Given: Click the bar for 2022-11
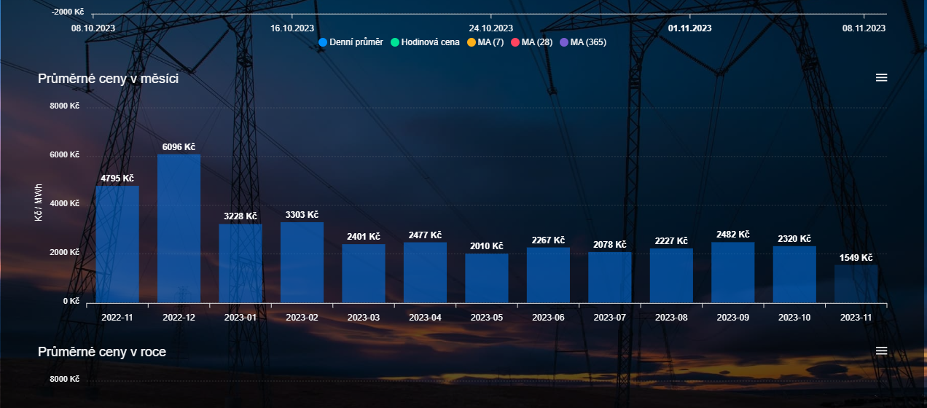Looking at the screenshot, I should point(117,244).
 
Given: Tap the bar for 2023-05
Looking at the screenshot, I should point(487,278).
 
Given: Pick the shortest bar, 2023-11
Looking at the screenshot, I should point(856,283).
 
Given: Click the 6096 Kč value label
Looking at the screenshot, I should point(179,147).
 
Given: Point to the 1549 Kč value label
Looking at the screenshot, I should point(856,258).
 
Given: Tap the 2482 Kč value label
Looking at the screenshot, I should point(732,235).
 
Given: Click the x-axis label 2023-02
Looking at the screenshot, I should point(302,318).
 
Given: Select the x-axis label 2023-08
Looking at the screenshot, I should point(671,318).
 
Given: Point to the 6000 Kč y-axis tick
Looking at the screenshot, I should point(64,155).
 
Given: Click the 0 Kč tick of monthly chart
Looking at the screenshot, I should point(70,301).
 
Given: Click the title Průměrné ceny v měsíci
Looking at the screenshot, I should point(108,79).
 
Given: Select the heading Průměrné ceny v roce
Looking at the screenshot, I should point(102,352).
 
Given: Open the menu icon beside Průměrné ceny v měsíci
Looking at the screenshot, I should point(881,78).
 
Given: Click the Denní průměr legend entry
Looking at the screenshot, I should point(351,42).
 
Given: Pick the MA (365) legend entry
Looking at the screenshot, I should point(582,42).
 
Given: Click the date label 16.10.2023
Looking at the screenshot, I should point(292,28).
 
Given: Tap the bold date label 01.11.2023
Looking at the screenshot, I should point(689,28).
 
